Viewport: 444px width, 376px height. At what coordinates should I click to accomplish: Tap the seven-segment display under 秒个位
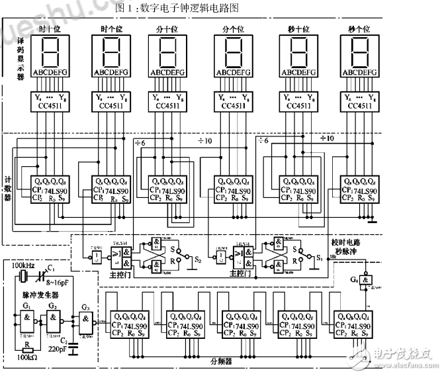[359, 50]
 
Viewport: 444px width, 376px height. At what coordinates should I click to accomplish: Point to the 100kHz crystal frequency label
[22, 265]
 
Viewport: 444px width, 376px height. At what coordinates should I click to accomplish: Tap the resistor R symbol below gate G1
[26, 346]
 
